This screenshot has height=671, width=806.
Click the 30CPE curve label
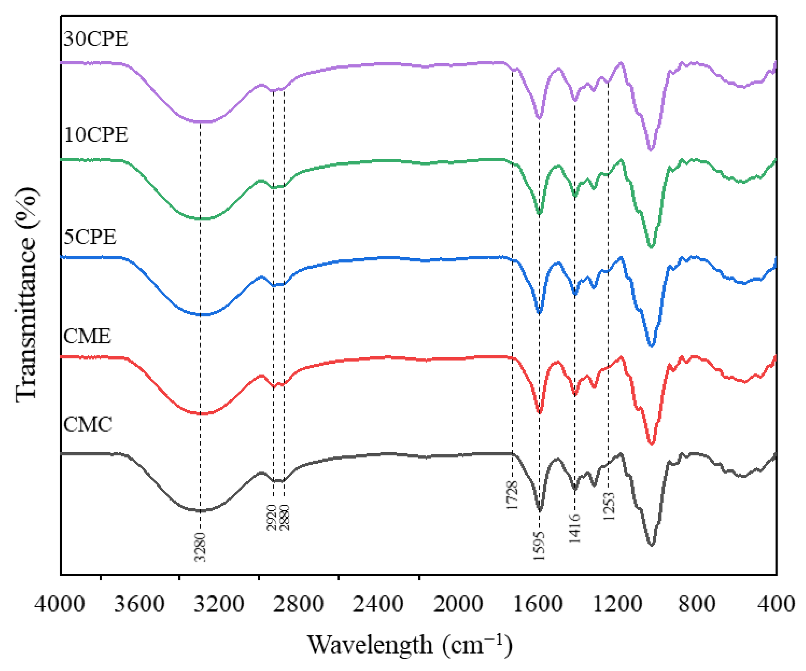tap(96, 39)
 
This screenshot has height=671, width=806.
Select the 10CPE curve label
tap(96, 135)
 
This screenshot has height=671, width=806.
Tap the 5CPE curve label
tap(90, 237)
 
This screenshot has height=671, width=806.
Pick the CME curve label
tap(87, 336)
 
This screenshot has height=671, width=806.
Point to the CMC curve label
tap(87, 425)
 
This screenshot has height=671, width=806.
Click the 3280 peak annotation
tap(200, 547)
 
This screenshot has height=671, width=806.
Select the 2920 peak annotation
tap(272, 517)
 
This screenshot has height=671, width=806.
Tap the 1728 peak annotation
tap(512, 496)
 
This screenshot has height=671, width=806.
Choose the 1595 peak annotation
tap(539, 545)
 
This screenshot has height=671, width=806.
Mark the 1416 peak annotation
tap(575, 529)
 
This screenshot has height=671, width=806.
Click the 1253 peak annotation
tap(608, 506)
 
